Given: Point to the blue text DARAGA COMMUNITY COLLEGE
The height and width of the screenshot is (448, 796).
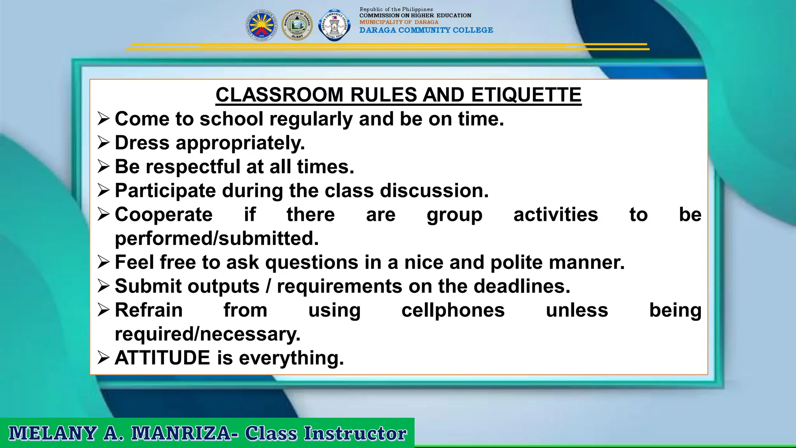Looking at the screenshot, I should coord(426,30).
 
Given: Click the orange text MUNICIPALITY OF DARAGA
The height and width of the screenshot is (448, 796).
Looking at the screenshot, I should coord(399,23).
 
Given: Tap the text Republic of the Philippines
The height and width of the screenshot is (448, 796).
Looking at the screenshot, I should coord(396,9).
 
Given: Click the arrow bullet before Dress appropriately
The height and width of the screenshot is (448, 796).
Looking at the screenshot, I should coord(104,143).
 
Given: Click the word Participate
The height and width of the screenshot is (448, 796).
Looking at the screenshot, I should coord(165,191).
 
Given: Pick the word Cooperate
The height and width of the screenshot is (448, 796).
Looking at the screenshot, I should coord(164,215).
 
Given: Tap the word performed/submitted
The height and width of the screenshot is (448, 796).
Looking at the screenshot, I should coord(216,238).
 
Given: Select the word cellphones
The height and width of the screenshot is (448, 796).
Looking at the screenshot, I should coord(453,310).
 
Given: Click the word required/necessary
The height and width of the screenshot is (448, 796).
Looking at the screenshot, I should coord(208,334).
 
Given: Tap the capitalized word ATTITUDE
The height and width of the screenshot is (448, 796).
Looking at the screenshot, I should coord(162,358).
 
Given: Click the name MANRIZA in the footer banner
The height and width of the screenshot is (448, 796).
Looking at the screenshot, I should coord(181,434).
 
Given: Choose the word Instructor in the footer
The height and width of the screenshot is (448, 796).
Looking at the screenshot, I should coord(355,434).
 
